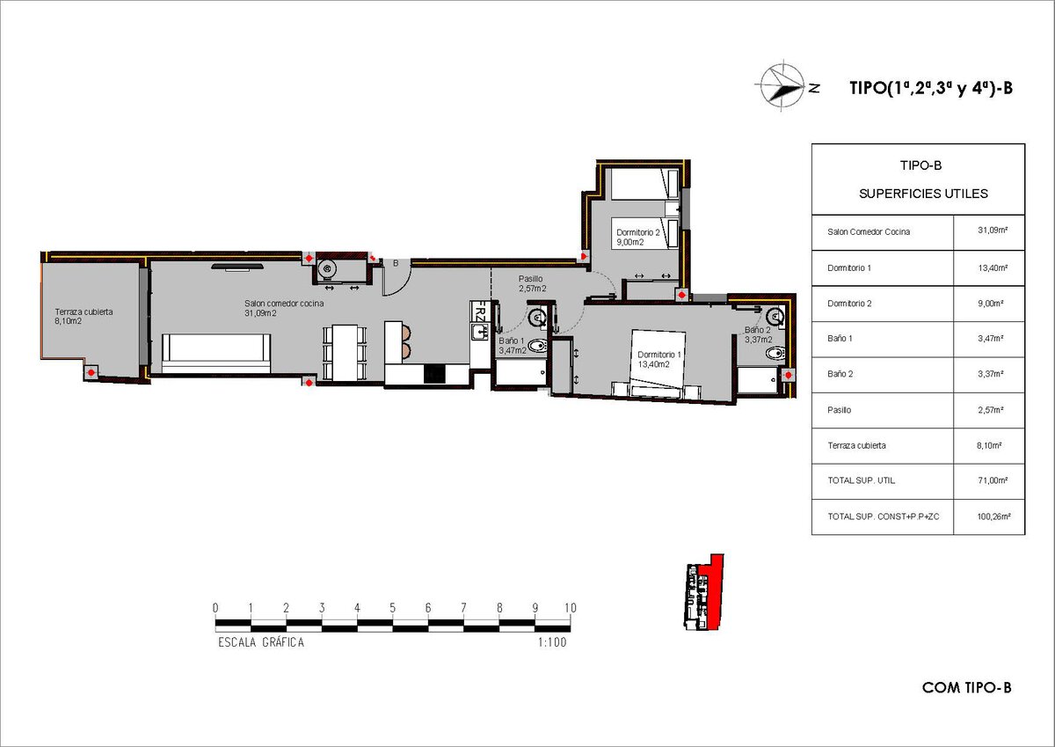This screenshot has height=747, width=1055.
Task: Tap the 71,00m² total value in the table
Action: pyautogui.click(x=993, y=480)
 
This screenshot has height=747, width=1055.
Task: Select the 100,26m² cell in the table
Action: pyautogui.click(x=993, y=516)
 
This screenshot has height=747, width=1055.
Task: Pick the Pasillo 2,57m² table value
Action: pyautogui.click(x=991, y=410)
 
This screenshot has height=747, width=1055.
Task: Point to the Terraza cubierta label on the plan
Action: pyautogui.click(x=84, y=316)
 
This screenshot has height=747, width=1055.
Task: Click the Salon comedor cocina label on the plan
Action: pyautogui.click(x=284, y=308)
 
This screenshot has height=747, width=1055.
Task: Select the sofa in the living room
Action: pyautogui.click(x=216, y=354)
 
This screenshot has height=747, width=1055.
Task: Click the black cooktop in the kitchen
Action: pyautogui.click(x=434, y=375)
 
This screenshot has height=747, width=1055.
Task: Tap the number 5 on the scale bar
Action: pyautogui.click(x=392, y=608)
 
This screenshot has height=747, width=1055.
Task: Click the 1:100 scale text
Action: pyautogui.click(x=552, y=642)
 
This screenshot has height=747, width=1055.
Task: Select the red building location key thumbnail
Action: pyautogui.click(x=703, y=592)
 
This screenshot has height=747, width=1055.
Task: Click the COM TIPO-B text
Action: pyautogui.click(x=967, y=688)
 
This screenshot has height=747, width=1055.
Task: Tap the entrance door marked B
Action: pyautogui.click(x=396, y=278)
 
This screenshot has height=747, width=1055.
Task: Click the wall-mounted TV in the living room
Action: pyautogui.click(x=236, y=267)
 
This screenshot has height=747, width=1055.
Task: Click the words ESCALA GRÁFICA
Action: pyautogui.click(x=261, y=642)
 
